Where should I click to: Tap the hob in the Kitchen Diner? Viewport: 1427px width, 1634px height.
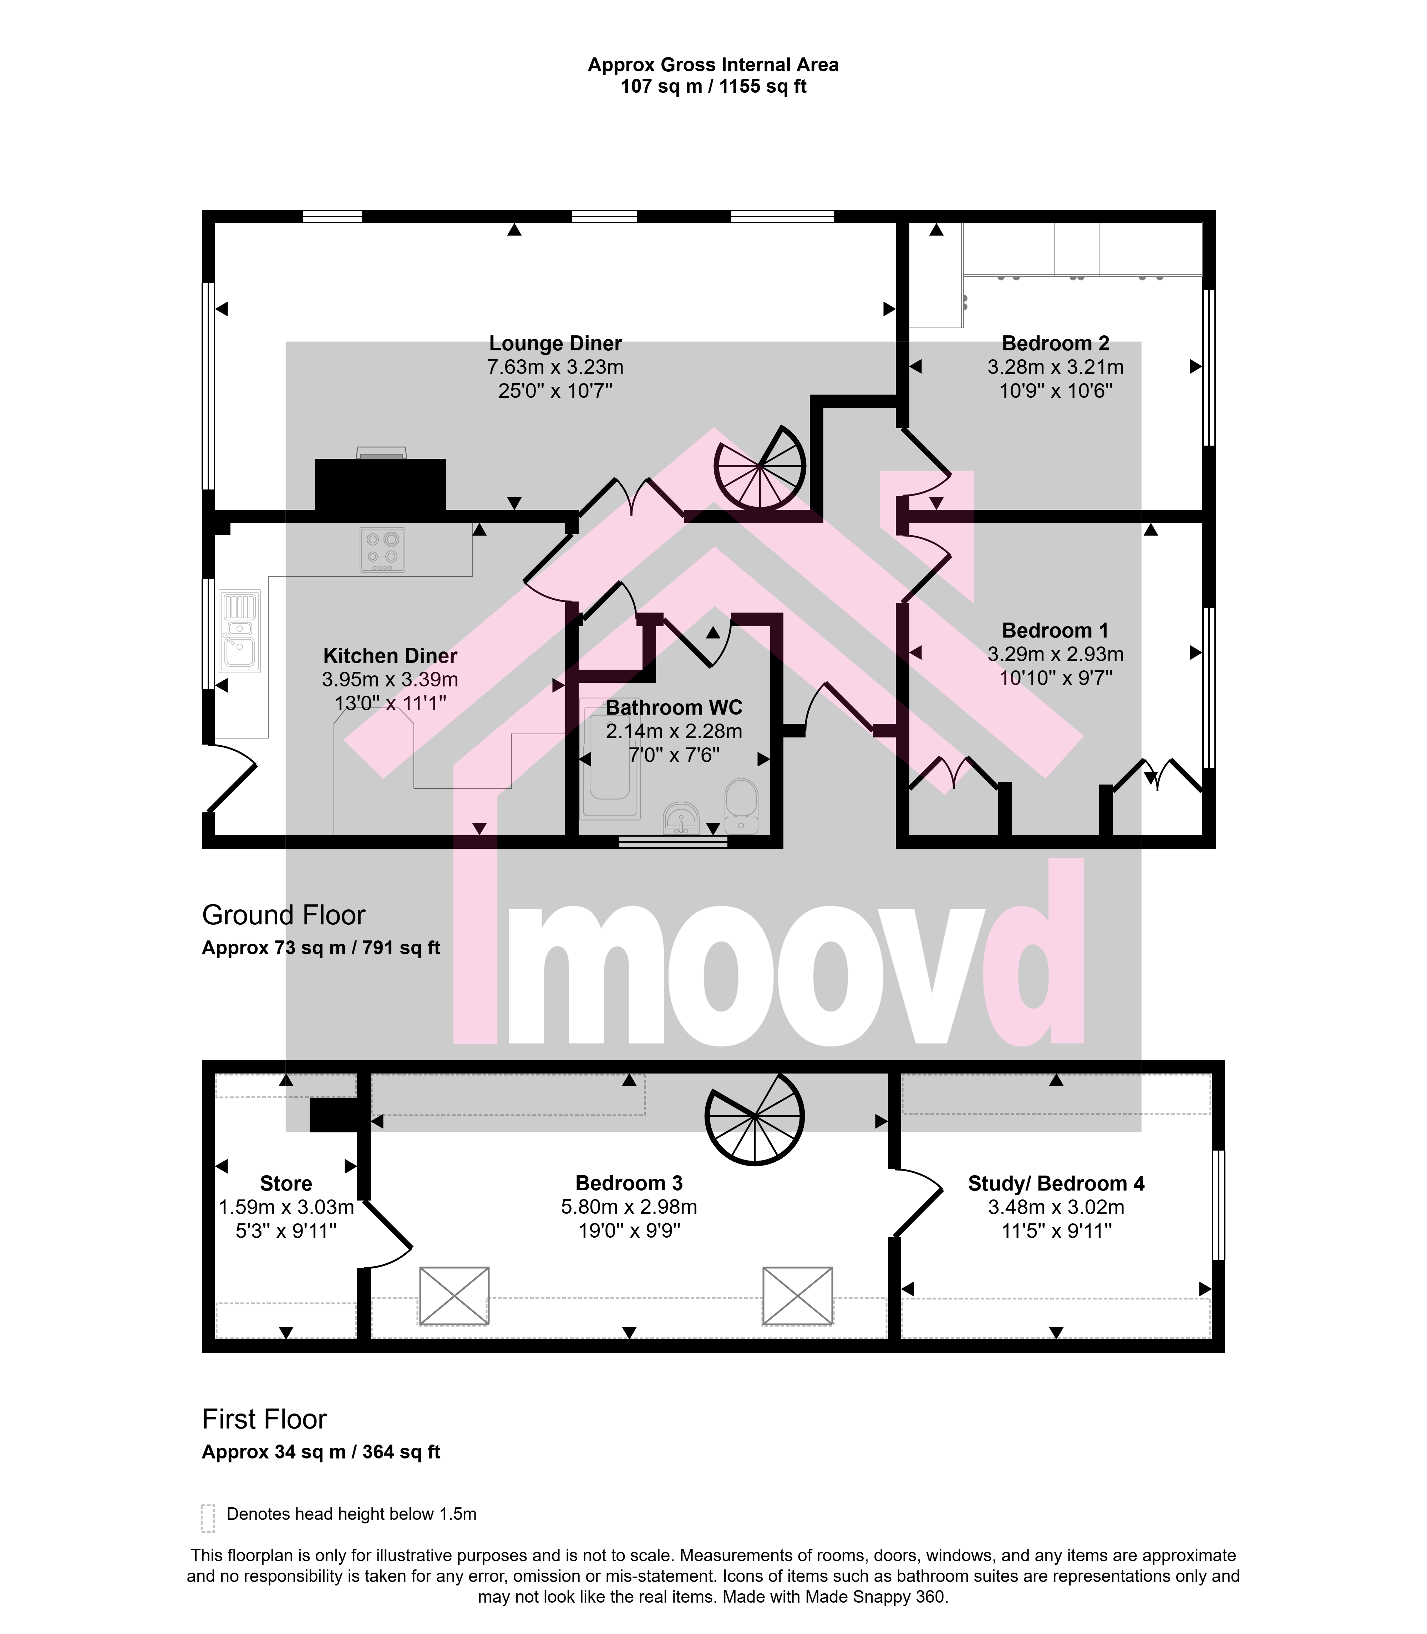coord(382,549)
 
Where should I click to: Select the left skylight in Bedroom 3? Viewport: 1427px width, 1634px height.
coord(454,1296)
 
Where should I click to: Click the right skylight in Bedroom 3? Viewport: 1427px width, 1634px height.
coord(797,1296)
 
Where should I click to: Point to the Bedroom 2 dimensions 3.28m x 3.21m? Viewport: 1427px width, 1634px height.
coord(1055,367)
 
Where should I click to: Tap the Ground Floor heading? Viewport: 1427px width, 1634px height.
coord(284,915)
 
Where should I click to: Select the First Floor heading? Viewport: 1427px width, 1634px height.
coord(264,1419)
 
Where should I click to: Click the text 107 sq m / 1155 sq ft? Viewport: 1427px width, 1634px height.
coord(713,86)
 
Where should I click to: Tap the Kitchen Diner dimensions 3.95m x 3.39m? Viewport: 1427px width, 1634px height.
coord(390,679)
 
